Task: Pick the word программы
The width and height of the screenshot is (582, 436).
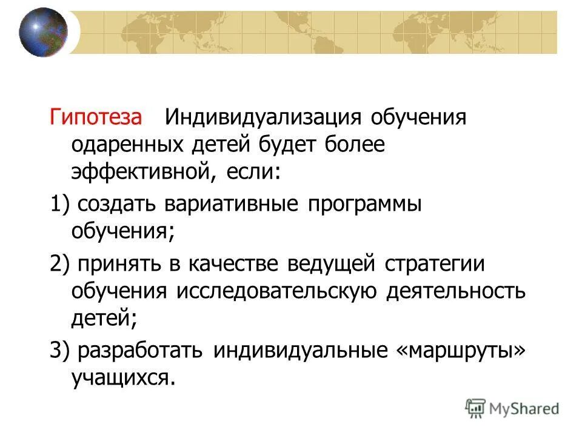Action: click(x=366, y=204)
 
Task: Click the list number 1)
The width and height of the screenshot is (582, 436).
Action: click(x=59, y=204)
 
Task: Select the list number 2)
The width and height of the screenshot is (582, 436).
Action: click(x=59, y=263)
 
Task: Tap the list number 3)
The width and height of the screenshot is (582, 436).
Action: click(x=59, y=351)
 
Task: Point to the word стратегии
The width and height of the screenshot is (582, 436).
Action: click(x=435, y=263)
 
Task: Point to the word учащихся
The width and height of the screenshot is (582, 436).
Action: click(x=125, y=378)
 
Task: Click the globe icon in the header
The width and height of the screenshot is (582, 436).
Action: click(x=42, y=32)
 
